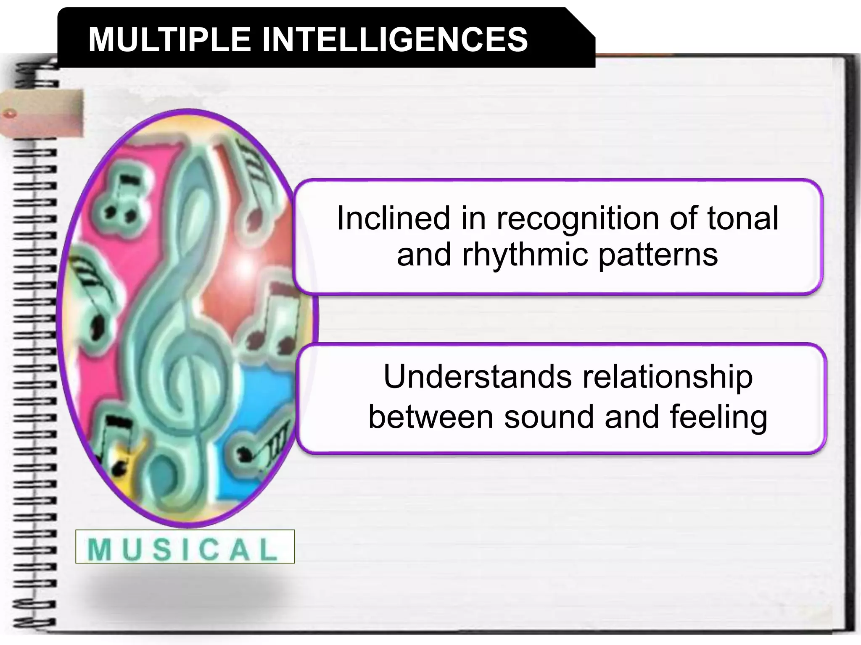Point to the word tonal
coord(742,219)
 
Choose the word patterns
coord(658,255)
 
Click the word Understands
coord(478,377)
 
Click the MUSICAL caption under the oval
coord(185,547)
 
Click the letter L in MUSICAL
coord(268,549)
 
